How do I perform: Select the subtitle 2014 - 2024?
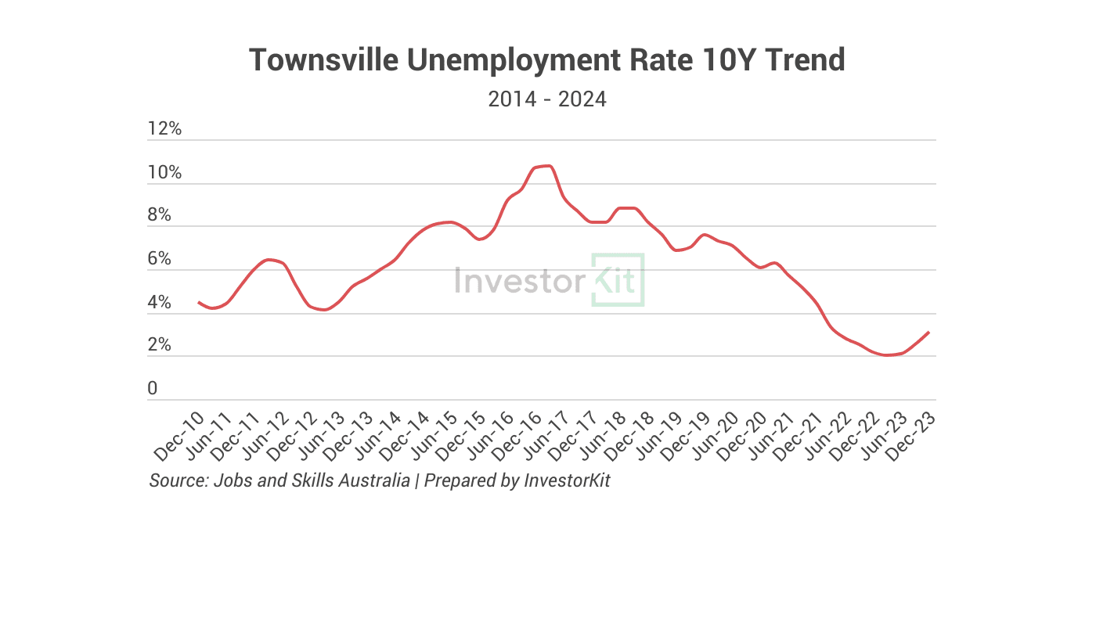tap(547, 99)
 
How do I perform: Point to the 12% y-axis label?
tap(164, 129)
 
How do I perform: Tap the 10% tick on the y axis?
tap(164, 173)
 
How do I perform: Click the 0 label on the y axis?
tap(152, 389)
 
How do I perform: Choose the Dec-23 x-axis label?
tap(913, 435)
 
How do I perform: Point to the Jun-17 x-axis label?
tap(546, 435)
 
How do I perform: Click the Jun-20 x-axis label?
tap(715, 435)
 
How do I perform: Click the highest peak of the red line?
tap(547, 166)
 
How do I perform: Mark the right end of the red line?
tap(928, 333)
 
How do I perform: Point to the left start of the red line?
tap(199, 302)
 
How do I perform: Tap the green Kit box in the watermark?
tap(618, 279)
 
